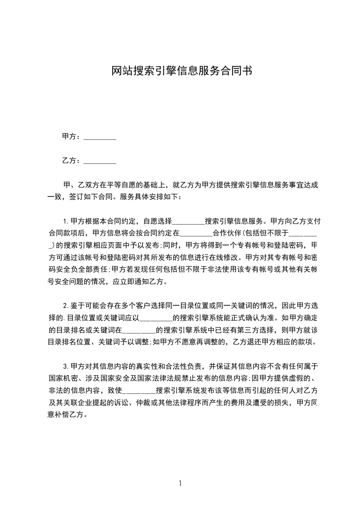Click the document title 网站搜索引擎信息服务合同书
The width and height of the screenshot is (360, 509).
(x=181, y=71)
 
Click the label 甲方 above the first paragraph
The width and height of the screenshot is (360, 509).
(x=68, y=137)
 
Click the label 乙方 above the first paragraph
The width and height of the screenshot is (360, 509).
(x=68, y=161)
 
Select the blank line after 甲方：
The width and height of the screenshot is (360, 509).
(x=100, y=137)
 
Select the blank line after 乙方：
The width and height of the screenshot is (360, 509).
(x=100, y=162)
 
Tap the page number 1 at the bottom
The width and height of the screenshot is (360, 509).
(x=180, y=483)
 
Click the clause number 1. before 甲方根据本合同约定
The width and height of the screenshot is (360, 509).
(x=65, y=221)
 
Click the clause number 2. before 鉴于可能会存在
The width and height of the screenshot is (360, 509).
(x=65, y=305)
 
